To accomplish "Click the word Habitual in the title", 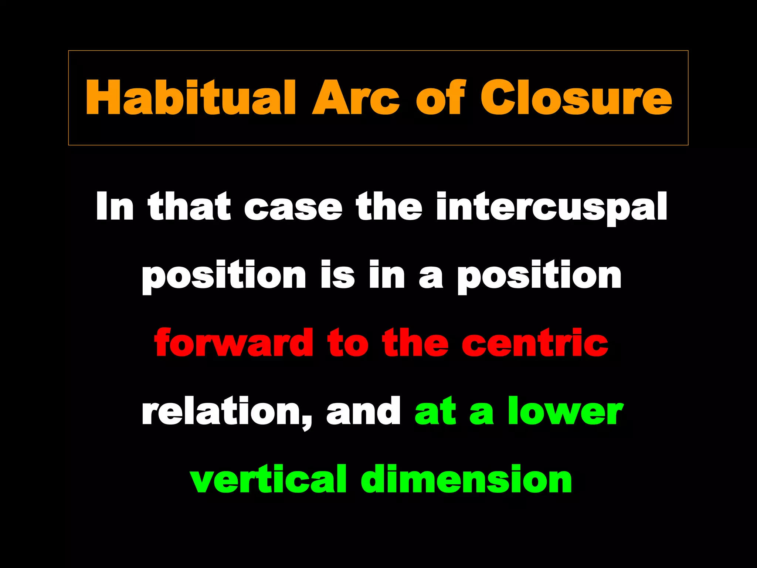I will [190, 98].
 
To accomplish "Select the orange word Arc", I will [356, 98].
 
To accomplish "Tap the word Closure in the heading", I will [576, 98].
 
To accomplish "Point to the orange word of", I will [440, 98].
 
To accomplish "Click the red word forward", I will [234, 343].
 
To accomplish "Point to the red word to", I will [348, 343].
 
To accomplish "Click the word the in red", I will [415, 343].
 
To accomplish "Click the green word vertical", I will [268, 479].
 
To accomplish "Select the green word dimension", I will [466, 479].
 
